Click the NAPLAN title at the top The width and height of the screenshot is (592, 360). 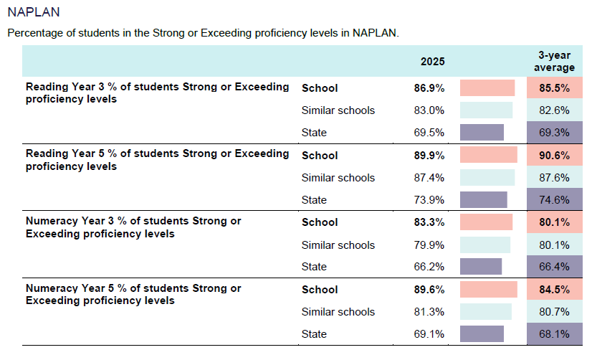(34, 12)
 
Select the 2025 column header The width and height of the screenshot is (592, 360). (433, 62)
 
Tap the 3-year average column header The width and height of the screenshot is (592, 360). (554, 61)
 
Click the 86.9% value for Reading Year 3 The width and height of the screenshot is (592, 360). (429, 88)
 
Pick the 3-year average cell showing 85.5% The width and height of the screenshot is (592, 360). (555, 87)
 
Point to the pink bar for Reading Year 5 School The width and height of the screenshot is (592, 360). (489, 155)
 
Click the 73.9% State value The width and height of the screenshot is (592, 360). (429, 200)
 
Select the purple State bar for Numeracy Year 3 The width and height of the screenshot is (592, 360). (481, 266)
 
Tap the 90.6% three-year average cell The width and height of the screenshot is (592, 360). (555, 155)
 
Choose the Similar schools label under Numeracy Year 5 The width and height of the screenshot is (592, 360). (338, 312)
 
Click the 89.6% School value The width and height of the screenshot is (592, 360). (429, 289)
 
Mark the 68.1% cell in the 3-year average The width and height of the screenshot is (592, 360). (555, 333)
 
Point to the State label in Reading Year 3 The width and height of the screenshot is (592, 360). (314, 133)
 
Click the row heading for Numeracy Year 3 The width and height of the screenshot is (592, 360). (133, 227)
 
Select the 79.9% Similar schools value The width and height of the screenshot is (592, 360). (429, 245)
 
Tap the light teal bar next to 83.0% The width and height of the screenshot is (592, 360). (486, 110)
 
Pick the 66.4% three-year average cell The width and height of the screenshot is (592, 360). (555, 266)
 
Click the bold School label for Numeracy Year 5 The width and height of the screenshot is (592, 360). (320, 289)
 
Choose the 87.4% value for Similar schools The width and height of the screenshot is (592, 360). (429, 178)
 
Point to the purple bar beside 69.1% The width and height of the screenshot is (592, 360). (482, 333)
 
